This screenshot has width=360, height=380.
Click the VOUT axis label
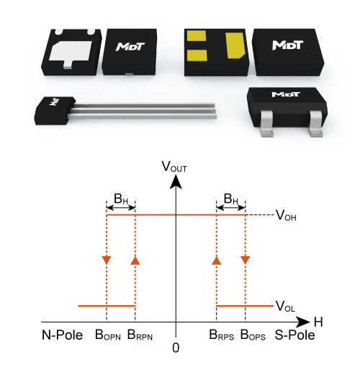[174, 167]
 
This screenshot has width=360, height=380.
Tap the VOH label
[286, 215]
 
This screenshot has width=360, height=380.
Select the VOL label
[285, 306]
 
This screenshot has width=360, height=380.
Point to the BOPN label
[108, 335]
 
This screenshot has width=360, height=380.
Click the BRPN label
[140, 335]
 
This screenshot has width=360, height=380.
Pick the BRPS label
[221, 335]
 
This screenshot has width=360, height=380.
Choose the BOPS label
[253, 335]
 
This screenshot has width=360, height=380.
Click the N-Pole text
[63, 335]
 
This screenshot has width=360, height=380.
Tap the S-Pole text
[294, 335]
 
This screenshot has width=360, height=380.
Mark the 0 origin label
[176, 348]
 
